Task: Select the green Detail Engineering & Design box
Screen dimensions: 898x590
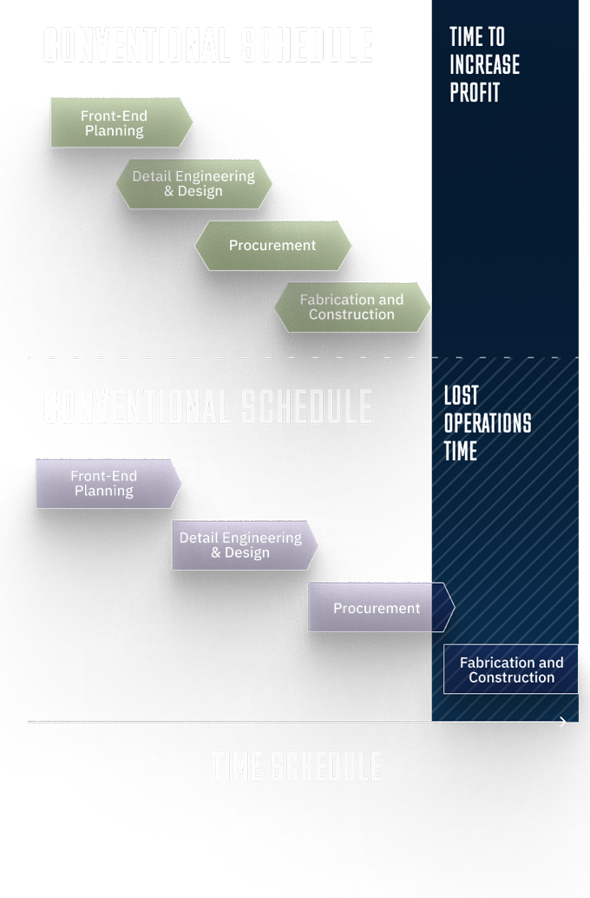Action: pyautogui.click(x=193, y=183)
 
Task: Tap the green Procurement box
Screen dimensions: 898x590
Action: pyautogui.click(x=272, y=245)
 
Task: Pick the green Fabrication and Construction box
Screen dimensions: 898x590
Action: pyautogui.click(x=351, y=307)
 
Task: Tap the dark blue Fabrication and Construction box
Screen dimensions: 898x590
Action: pyautogui.click(x=511, y=670)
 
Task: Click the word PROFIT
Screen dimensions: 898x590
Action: pyautogui.click(x=475, y=92)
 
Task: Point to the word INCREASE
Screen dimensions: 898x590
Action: pyautogui.click(x=485, y=64)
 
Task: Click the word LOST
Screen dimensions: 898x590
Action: pyautogui.click(x=462, y=396)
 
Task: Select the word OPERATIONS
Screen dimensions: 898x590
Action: pyautogui.click(x=488, y=424)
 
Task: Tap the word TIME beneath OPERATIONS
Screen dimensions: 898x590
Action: pyautogui.click(x=461, y=452)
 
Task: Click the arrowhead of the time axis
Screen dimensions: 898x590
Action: pyautogui.click(x=563, y=722)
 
